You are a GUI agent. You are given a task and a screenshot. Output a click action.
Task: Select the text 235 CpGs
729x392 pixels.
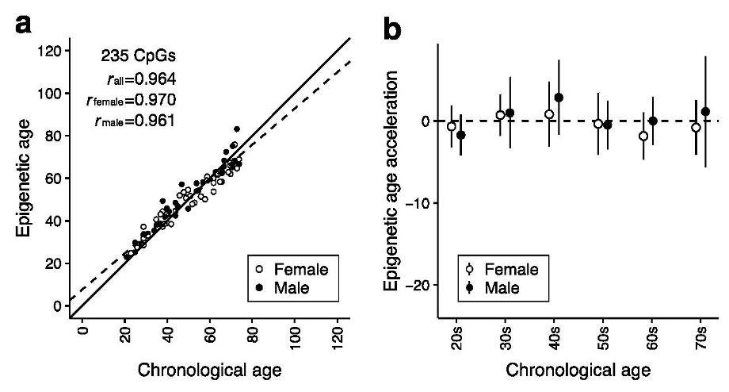135,56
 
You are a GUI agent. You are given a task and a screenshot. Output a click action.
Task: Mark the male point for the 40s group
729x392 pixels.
559,98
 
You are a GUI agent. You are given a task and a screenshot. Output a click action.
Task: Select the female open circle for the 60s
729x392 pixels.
643,136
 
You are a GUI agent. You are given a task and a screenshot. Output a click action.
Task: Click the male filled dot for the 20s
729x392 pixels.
461,135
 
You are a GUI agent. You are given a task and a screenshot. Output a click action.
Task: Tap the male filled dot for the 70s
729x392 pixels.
705,112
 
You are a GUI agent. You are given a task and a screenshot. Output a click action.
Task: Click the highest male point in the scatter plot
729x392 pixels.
236,129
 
